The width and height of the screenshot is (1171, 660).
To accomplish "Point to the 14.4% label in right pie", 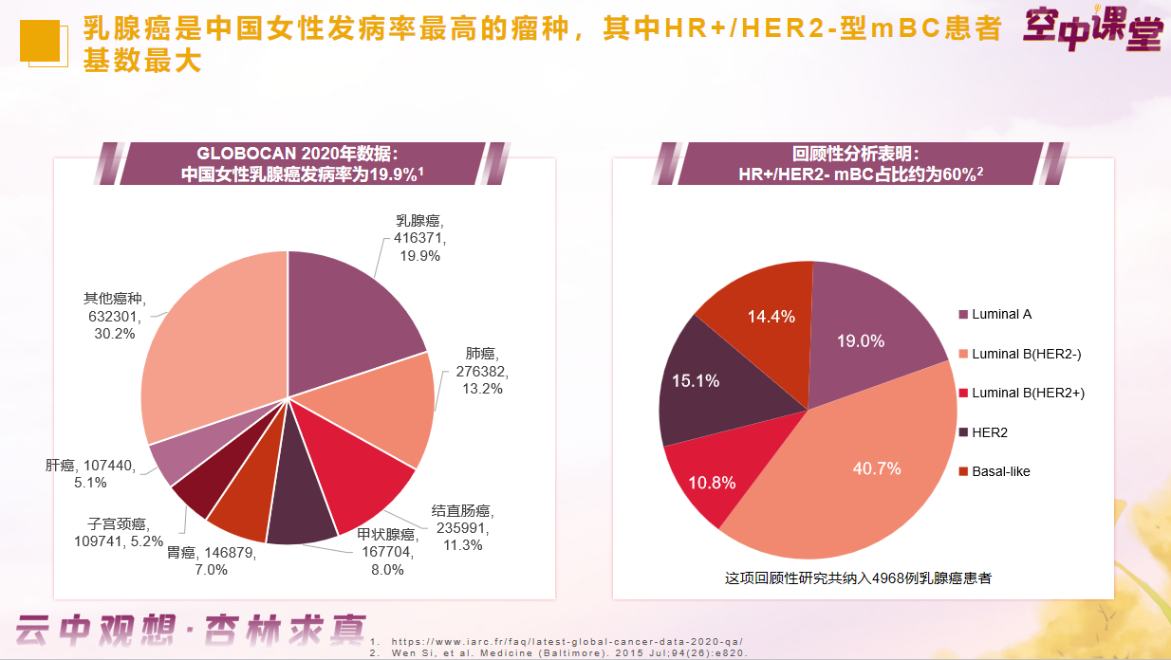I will [x=771, y=317].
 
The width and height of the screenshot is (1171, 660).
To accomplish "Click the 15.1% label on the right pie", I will [x=695, y=380].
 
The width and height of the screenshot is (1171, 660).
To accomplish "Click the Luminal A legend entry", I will [x=1001, y=315].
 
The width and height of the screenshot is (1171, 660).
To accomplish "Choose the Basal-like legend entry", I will [x=1000, y=471].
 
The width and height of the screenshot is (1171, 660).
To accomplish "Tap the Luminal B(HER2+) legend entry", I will [x=1028, y=393].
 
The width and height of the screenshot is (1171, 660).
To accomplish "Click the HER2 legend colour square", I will [x=964, y=432].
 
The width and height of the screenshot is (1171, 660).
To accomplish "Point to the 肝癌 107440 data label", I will [x=90, y=473].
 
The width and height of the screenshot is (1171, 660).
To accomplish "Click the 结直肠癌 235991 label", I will [x=462, y=527].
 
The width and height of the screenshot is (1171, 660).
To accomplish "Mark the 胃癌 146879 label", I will [x=212, y=560].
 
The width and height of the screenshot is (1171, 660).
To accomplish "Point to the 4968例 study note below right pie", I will [x=858, y=577].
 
